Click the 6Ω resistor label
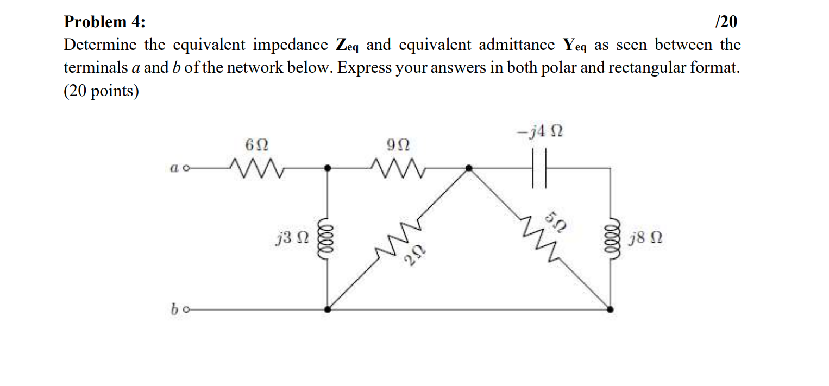click(256, 145)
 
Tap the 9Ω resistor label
click(398, 145)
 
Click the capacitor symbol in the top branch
click(539, 169)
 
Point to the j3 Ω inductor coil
click(327, 238)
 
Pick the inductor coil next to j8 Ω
click(611, 238)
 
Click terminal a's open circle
click(186, 169)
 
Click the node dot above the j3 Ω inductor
click(327, 169)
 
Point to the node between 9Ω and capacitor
click(469, 169)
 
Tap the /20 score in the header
click(727, 22)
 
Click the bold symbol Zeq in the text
click(347, 45)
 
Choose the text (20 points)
click(101, 91)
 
